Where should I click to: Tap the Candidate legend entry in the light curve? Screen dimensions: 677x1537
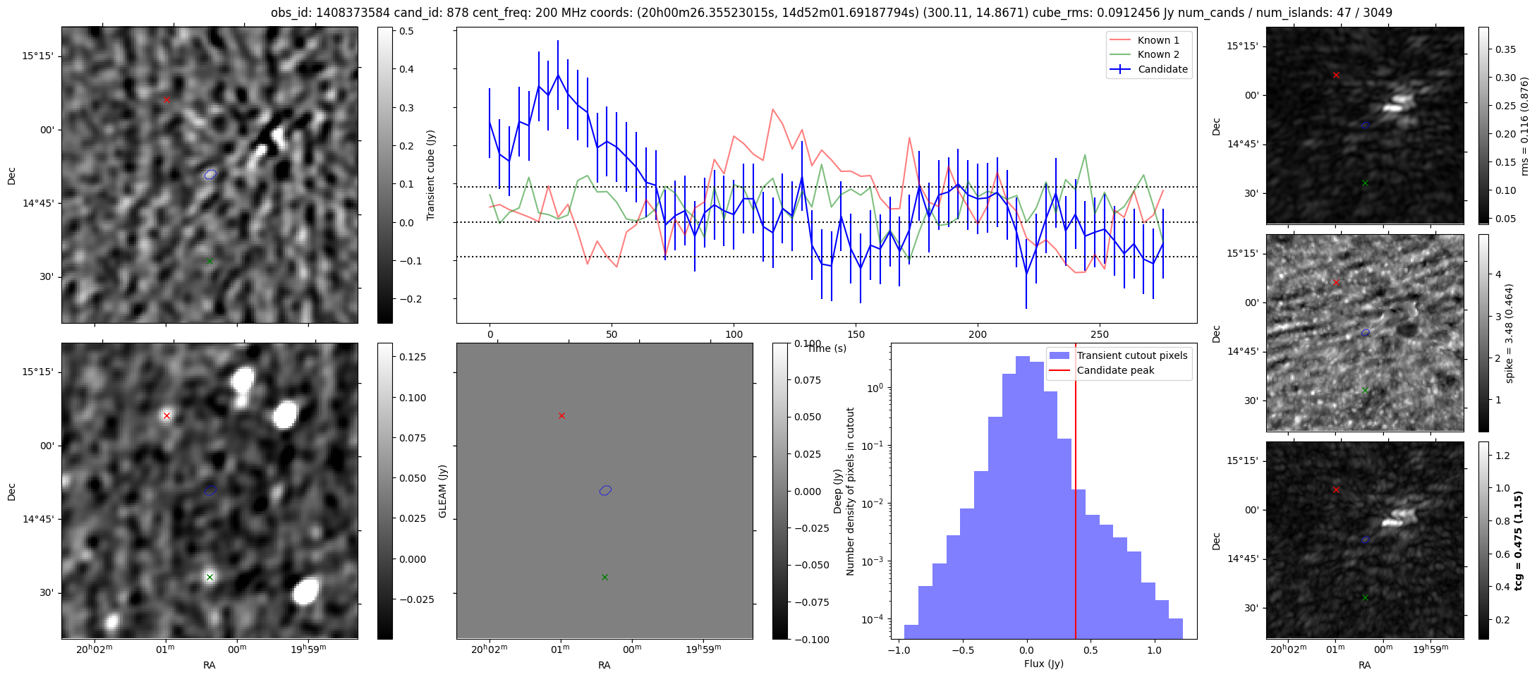click(1162, 69)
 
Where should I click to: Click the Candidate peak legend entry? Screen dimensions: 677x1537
click(1115, 370)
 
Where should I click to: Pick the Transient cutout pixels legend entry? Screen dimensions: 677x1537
click(1131, 355)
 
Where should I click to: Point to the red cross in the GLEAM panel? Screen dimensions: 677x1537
click(561, 416)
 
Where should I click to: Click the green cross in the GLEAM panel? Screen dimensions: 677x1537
click(605, 577)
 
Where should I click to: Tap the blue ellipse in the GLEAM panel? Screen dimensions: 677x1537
click(605, 490)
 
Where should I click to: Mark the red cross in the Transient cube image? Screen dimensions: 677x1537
click(166, 100)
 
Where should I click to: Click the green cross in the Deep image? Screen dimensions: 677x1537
click(209, 577)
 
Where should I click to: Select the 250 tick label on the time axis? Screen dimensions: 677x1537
click(1100, 334)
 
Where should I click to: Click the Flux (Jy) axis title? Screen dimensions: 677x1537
click(1043, 664)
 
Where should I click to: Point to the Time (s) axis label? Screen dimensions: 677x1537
click(827, 348)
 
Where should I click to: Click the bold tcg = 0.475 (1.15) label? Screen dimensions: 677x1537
click(1519, 540)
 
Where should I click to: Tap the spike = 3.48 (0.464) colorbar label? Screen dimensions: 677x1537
click(1509, 333)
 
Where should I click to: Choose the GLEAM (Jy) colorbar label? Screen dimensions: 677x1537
click(443, 491)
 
